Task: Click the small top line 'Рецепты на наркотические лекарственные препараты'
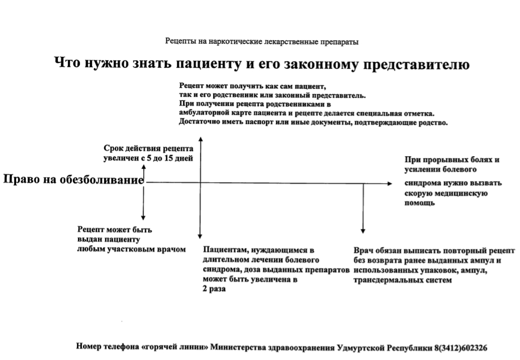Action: [x=261, y=42]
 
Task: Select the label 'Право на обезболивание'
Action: [x=74, y=180]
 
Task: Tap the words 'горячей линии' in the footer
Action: [x=179, y=347]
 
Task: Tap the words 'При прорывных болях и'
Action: [x=452, y=160]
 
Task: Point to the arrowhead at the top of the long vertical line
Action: [x=200, y=139]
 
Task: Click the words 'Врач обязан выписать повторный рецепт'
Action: [x=434, y=251]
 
